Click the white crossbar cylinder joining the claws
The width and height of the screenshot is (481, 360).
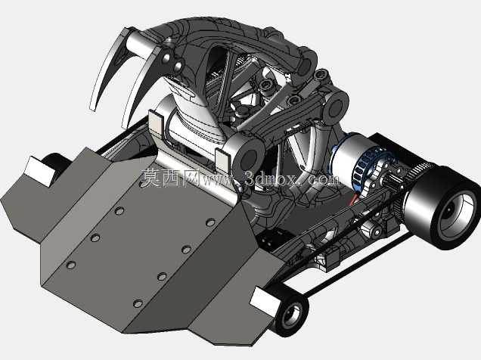point(140,45)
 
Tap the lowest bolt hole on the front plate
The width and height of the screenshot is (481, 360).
point(138,303)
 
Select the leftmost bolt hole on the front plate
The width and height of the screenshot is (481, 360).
point(71,265)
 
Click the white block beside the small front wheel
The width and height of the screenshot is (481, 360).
point(265,302)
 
